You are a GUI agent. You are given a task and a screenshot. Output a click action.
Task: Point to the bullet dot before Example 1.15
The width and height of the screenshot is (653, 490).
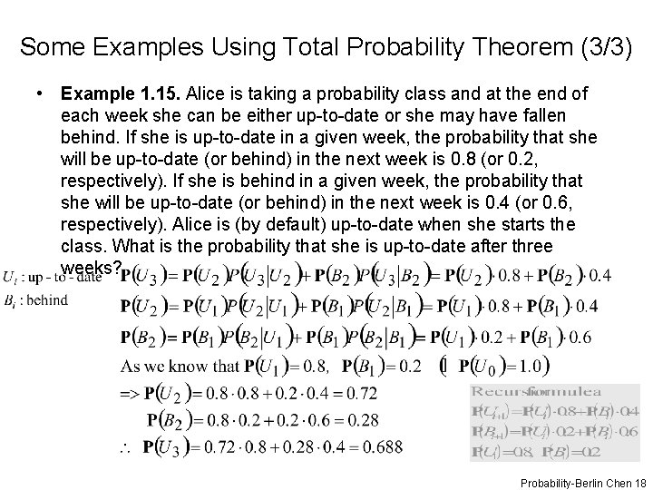(42, 93)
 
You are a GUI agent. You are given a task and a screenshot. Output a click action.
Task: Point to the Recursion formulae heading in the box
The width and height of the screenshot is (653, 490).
(536, 391)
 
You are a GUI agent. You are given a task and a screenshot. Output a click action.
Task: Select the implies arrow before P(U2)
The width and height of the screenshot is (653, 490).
(131, 394)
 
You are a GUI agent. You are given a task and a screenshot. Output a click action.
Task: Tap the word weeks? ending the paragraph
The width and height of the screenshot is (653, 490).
(88, 268)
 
